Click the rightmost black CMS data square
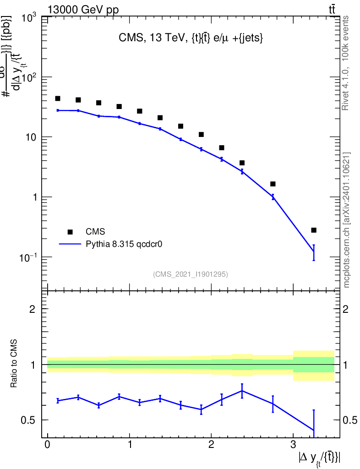click(x=313, y=230)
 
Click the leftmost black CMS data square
click(x=58, y=98)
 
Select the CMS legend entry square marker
click(x=70, y=232)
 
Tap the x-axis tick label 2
click(x=211, y=445)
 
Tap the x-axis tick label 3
click(x=293, y=445)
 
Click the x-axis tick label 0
click(x=47, y=445)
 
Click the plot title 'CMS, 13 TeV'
click(x=190, y=39)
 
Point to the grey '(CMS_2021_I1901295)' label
click(x=190, y=274)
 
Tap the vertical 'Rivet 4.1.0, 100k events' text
click(x=346, y=63)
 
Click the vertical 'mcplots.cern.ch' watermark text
click(x=347, y=220)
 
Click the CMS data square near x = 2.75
click(x=273, y=184)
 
